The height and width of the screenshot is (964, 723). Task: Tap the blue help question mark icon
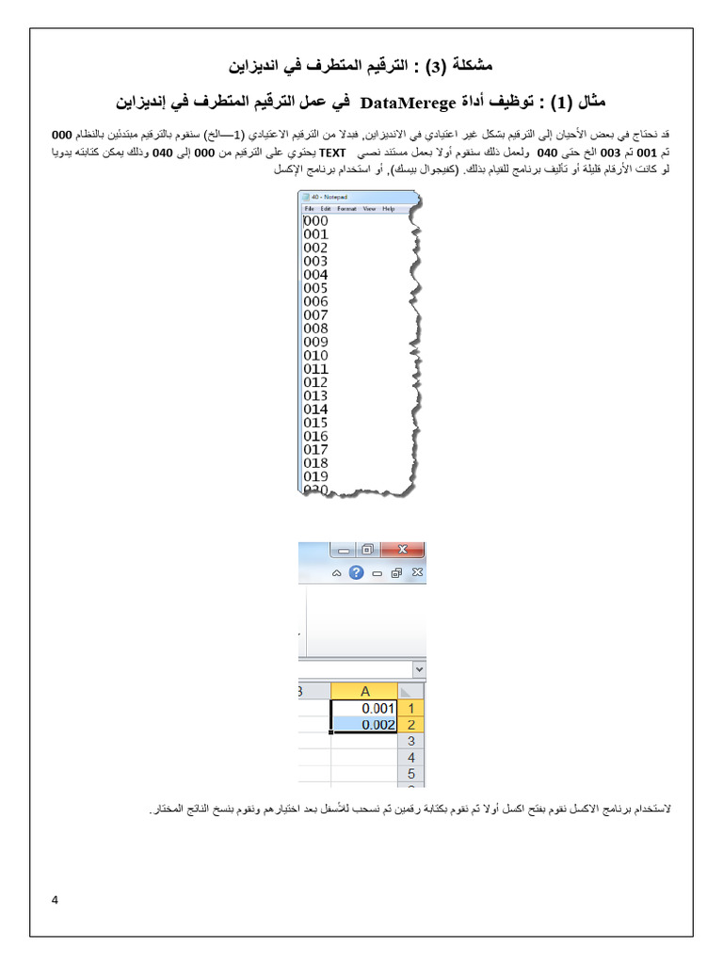pos(356,572)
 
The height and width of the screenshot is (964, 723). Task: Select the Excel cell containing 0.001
pos(364,708)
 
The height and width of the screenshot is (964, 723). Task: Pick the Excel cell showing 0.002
pos(364,724)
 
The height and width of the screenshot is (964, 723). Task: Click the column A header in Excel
pos(364,691)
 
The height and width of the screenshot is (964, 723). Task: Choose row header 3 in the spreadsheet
pos(410,741)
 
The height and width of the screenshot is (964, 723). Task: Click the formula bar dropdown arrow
pos(420,667)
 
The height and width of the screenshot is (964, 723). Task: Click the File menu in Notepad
pos(309,208)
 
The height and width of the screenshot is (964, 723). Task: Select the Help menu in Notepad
pos(388,208)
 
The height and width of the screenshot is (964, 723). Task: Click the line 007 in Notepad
pos(316,314)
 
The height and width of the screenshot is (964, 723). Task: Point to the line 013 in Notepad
pos(316,395)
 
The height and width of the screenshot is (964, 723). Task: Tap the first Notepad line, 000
pos(316,220)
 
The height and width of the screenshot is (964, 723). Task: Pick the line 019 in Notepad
pos(316,476)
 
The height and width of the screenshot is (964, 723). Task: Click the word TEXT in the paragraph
pos(333,151)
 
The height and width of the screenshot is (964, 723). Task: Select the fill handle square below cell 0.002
pos(331,731)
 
